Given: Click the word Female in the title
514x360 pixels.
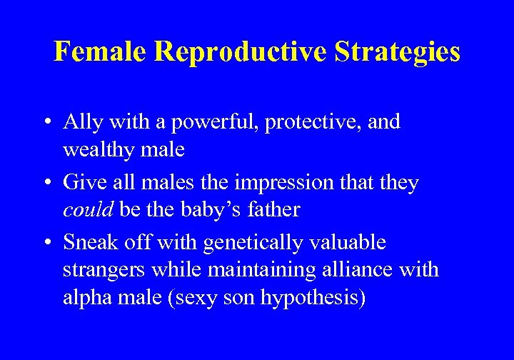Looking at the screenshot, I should click(100, 52).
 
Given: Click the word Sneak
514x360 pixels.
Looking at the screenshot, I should click(89, 243).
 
